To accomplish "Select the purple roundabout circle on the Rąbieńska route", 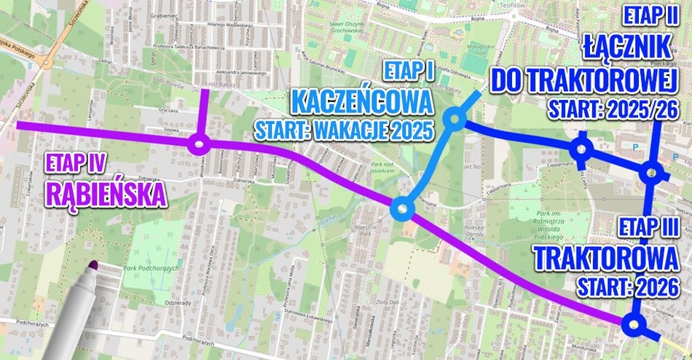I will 198,145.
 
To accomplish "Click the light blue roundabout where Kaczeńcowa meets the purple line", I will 402,210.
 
